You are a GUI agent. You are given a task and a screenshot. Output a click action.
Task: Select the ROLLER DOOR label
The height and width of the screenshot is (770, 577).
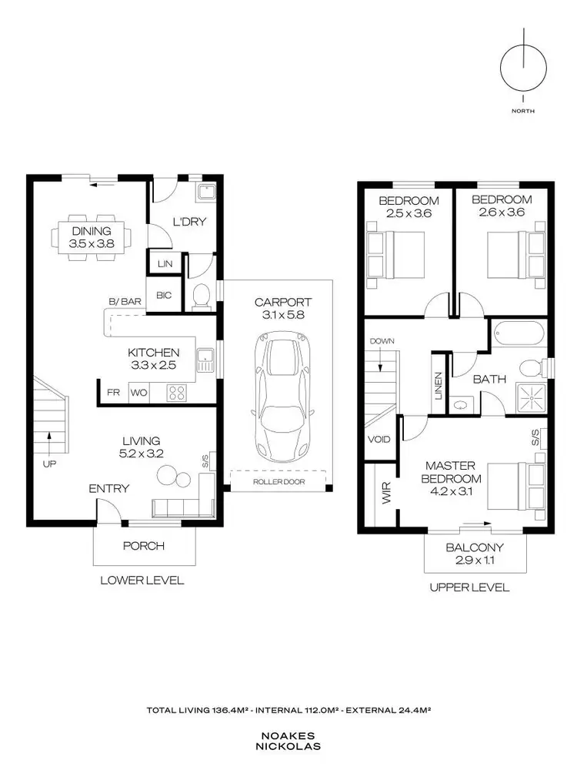pos(278,482)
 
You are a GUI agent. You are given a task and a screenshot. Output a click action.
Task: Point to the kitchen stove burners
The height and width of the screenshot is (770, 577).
pos(176,392)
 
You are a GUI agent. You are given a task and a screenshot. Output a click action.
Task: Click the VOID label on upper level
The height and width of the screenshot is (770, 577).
pos(380,440)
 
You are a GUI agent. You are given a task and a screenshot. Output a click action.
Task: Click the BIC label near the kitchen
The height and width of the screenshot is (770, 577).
pos(164,295)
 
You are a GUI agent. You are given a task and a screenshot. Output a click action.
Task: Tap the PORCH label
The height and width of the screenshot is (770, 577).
pos(144,546)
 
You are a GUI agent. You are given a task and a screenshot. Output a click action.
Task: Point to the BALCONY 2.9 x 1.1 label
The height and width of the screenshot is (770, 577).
pos(475,554)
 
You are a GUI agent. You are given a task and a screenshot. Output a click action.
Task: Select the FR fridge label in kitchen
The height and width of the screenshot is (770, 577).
pos(113,392)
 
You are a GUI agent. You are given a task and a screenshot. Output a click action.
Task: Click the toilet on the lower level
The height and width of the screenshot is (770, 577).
pos(202,296)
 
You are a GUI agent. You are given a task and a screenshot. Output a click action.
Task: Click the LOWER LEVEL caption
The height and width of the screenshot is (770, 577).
pos(142,581)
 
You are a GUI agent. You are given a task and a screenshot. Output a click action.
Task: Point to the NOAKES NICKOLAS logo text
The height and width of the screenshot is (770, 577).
pos(288,740)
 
